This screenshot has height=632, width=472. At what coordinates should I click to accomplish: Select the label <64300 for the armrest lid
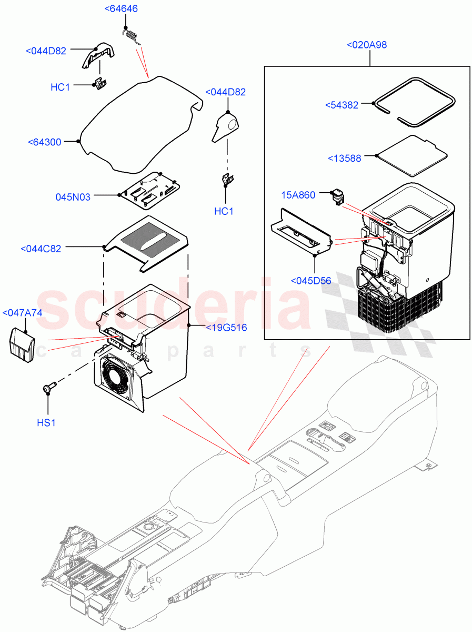[45, 142]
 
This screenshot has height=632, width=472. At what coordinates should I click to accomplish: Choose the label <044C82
[41, 249]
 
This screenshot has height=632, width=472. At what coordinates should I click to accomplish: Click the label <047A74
[22, 313]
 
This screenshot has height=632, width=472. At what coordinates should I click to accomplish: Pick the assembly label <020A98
[367, 45]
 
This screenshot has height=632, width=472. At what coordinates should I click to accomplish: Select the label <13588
[344, 158]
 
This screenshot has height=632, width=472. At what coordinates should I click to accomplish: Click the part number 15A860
[298, 195]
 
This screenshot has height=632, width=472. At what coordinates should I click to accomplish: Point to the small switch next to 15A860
[337, 197]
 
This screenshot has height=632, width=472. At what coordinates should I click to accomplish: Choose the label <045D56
[311, 280]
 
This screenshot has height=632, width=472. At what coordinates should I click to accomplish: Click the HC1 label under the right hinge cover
[224, 211]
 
